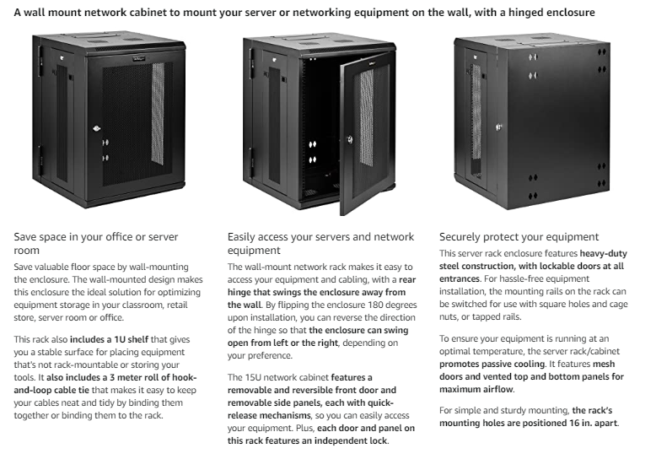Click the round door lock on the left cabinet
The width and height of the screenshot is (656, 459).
(x=97, y=128)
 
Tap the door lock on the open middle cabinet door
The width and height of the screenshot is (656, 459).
(x=350, y=139)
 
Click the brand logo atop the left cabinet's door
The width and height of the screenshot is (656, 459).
(x=138, y=59)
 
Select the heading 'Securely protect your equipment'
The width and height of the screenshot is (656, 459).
(x=519, y=237)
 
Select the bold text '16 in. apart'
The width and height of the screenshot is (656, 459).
(x=593, y=423)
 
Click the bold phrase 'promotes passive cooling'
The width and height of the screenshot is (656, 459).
(x=492, y=364)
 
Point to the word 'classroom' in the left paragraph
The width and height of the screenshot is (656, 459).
(x=140, y=305)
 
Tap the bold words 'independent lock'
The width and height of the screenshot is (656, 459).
(x=351, y=441)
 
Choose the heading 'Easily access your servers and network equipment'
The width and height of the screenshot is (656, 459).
(x=320, y=244)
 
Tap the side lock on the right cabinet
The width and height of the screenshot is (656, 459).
(x=498, y=127)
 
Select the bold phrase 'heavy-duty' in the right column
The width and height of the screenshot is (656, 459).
(x=603, y=254)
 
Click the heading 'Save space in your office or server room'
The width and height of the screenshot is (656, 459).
(x=96, y=244)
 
